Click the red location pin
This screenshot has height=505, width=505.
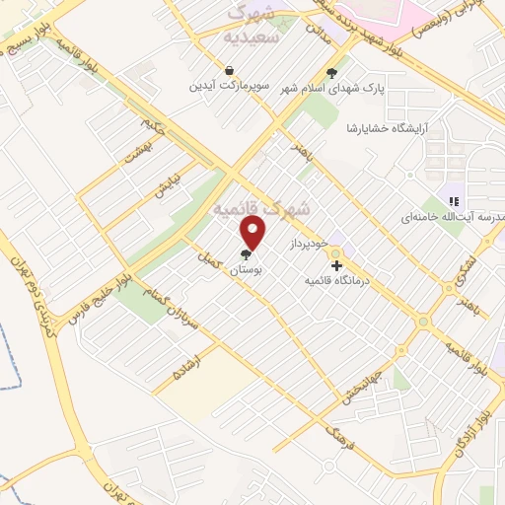coord(254,233)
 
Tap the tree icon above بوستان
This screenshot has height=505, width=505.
coord(246,254)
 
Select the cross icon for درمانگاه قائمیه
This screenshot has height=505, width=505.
coord(336,265)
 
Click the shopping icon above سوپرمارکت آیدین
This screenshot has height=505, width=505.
coord(229,71)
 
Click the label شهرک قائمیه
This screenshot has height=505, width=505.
coord(262,209)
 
